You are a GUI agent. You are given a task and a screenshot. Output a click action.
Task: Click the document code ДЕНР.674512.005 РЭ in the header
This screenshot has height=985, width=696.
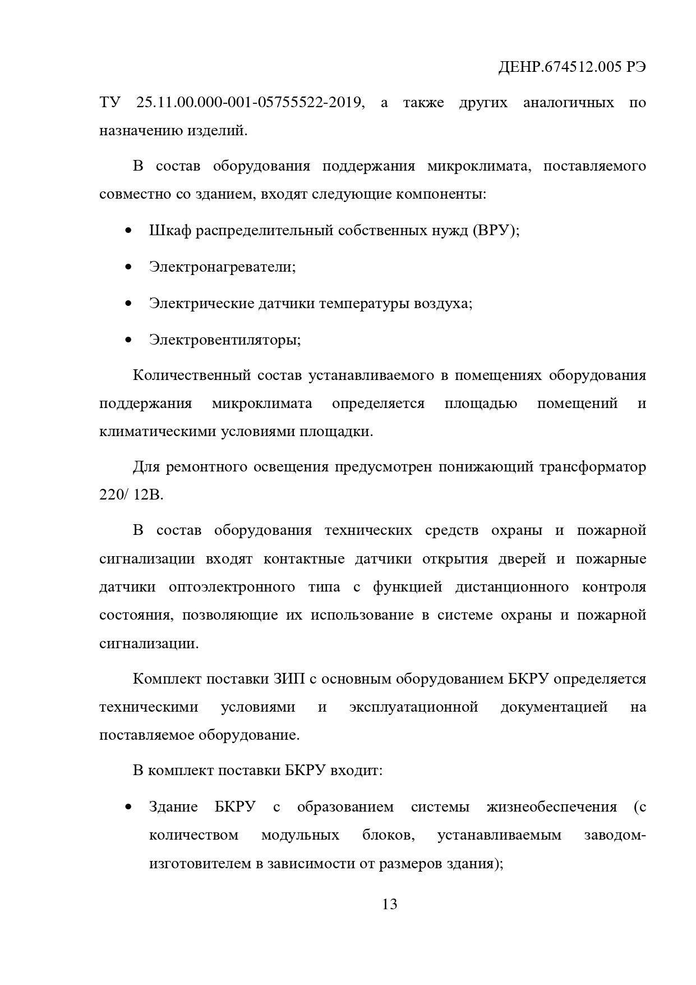click(571, 68)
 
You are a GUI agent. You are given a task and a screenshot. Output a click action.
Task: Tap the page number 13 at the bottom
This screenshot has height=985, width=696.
click(389, 904)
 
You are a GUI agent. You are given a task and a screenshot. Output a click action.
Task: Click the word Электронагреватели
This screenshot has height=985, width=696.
click(222, 267)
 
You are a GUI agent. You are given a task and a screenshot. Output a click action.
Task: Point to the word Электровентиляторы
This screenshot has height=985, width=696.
click(224, 340)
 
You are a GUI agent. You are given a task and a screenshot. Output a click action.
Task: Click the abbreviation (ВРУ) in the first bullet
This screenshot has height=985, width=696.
click(496, 230)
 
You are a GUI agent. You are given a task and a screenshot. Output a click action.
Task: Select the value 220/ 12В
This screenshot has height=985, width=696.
click(131, 496)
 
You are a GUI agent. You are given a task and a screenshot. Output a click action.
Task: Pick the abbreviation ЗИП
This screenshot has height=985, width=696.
click(288, 679)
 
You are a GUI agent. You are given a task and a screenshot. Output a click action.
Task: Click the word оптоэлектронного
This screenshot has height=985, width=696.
click(232, 587)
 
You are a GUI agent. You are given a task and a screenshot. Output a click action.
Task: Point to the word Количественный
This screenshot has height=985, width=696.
click(191, 375)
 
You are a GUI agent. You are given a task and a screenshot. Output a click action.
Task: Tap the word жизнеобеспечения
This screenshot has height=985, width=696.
click(552, 807)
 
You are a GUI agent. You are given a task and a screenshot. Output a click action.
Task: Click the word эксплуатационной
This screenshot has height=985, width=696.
click(413, 707)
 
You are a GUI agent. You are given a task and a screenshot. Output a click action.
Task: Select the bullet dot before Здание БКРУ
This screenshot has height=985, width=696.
click(128, 807)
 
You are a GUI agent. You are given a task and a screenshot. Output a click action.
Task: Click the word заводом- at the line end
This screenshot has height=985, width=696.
click(615, 835)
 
